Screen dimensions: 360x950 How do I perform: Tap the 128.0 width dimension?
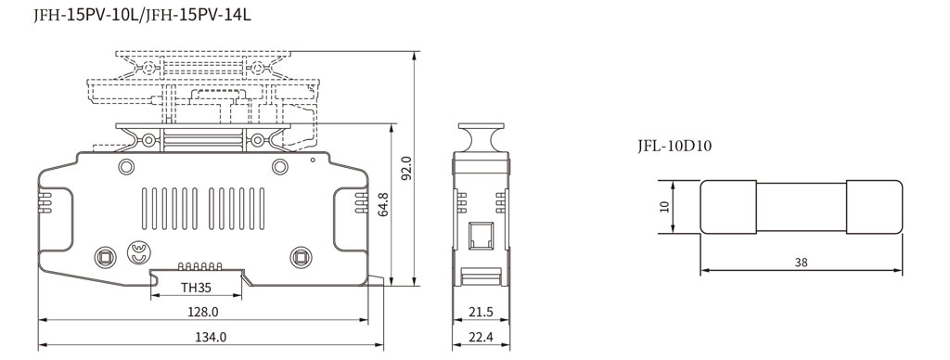pyautogui.click(x=202, y=312)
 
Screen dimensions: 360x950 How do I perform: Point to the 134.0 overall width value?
pyautogui.click(x=210, y=337)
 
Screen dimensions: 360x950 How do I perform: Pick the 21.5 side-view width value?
pyautogui.click(x=480, y=312)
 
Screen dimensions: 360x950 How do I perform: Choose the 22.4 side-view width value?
pyautogui.click(x=480, y=337)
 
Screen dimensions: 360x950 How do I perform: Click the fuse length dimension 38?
pyautogui.click(x=801, y=263)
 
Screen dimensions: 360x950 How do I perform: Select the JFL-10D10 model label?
pyautogui.click(x=674, y=146)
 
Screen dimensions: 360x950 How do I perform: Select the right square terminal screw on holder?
pyautogui.click(x=299, y=256)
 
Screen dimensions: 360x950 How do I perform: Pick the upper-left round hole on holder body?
pyautogui.click(x=123, y=166)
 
